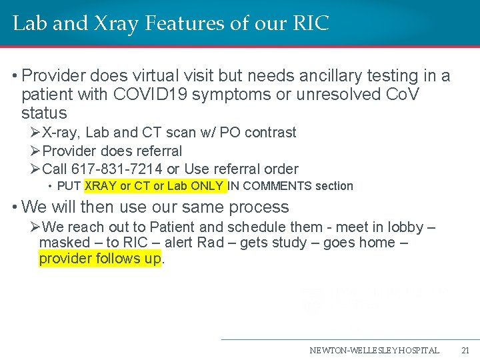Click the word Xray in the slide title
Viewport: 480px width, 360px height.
(x=107, y=24)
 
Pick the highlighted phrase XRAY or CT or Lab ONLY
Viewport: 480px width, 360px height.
(x=155, y=186)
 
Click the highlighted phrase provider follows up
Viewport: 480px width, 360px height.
(x=100, y=259)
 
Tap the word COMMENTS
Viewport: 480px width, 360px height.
(x=269, y=186)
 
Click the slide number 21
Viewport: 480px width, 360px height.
(x=465, y=350)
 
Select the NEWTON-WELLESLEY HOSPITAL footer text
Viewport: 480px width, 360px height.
(x=374, y=350)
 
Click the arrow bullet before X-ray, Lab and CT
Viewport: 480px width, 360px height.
(x=36, y=133)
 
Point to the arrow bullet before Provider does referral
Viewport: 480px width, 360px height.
(x=36, y=151)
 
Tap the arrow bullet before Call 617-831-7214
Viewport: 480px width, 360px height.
(x=36, y=169)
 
